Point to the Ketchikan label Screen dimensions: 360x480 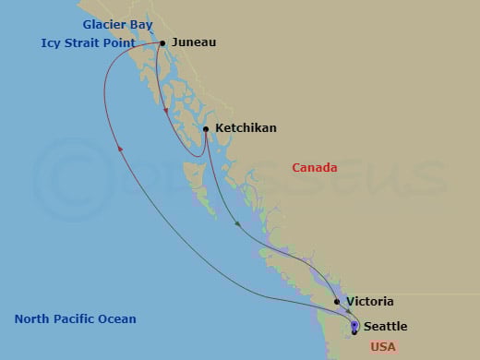click(245, 128)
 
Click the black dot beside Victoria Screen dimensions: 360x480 click(337, 302)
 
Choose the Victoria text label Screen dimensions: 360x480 click(369, 302)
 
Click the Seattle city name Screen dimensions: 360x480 click(384, 327)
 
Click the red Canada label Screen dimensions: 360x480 click(314, 167)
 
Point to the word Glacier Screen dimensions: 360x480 click(104, 24)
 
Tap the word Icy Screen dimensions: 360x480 click(51, 42)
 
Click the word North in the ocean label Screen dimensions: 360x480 click(31, 319)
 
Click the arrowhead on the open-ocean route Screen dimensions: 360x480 click(120, 149)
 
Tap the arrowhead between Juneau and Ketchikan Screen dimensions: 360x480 click(166, 113)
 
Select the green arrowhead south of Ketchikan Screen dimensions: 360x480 click(237, 223)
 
